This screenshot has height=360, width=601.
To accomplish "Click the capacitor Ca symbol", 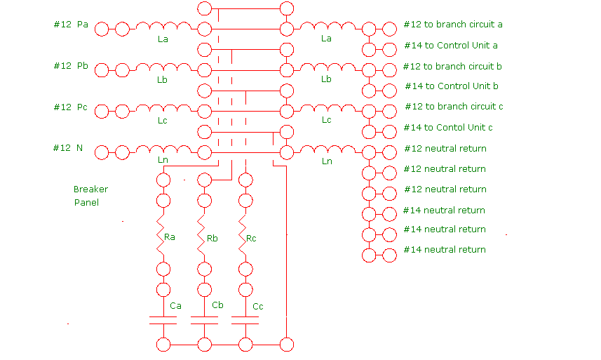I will pos(163,321).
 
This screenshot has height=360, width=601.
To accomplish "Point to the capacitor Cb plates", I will pos(205,321).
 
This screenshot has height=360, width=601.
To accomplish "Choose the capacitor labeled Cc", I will pos(245,321).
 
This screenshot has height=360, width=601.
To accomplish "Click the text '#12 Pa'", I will pos(71,25).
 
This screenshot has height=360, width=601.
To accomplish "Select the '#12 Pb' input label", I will pos(71,66).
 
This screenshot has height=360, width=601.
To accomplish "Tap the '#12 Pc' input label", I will pos(71,107).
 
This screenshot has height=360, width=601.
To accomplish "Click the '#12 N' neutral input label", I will pos(68,148).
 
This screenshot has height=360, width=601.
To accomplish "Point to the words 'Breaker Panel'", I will pos(90,196).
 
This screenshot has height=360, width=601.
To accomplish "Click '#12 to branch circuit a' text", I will pos(453,25).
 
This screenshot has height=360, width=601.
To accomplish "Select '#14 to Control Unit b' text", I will pos(452,86).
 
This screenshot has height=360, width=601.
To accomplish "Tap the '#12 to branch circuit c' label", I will pos(454,107).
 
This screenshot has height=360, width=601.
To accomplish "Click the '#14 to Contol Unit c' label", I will pos(448,128).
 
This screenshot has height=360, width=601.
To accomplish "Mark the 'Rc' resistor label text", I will pos(251,239).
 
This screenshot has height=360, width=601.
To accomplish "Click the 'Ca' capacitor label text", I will pos(176,306).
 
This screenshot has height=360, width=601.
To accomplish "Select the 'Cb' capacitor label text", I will pos(217,305).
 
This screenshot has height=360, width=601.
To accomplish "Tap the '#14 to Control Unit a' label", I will pos(452,46).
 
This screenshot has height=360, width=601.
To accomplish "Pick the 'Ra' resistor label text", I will pos(169,238).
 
